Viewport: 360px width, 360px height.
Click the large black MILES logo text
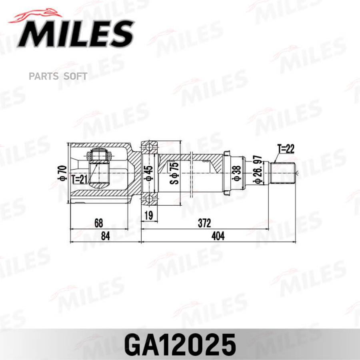[x=76, y=34]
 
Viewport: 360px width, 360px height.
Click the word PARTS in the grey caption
[x=44, y=76]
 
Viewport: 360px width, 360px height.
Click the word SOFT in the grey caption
[x=75, y=76]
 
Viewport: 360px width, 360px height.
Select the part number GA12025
[x=180, y=345]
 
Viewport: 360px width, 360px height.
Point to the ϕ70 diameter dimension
[x=62, y=173]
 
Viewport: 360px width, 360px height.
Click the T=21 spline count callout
[x=80, y=179]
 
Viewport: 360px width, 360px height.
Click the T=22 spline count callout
[x=286, y=149]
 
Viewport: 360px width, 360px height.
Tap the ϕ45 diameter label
[x=149, y=173]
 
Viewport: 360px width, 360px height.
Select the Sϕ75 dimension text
[x=175, y=173]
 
